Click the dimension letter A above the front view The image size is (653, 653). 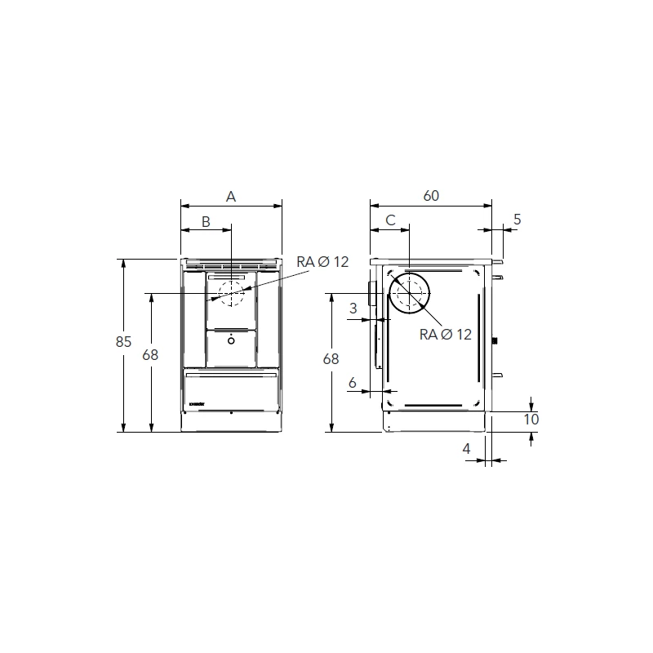click(231, 196)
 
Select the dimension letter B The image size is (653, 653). click(206, 221)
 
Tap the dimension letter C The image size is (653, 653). click(390, 220)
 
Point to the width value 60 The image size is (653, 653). click(431, 196)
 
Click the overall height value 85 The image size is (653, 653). click(123, 343)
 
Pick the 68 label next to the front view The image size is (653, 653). click(149, 354)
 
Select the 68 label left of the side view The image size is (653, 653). click(331, 358)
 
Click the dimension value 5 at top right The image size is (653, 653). click(518, 220)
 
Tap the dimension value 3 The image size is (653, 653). click(353, 308)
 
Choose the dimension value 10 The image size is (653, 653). click(531, 420)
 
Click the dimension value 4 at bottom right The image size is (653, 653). click(466, 449)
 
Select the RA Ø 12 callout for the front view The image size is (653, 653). click(322, 261)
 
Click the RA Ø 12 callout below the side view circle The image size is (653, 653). click(446, 334)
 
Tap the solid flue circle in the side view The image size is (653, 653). click(410, 295)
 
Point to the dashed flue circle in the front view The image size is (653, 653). click(231, 293)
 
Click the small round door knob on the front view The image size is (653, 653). click(231, 339)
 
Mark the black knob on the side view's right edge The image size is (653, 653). click(494, 340)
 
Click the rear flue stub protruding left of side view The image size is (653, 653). click(371, 295)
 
